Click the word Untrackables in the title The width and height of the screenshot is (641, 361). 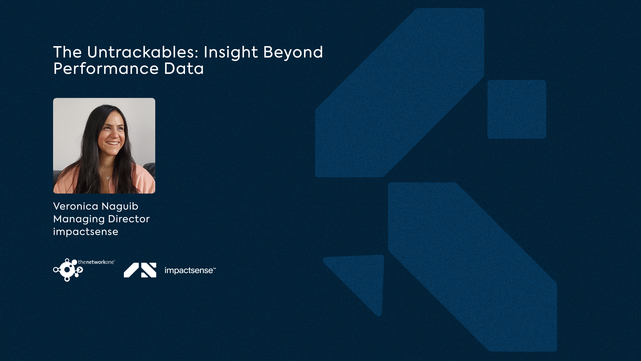pos(143,52)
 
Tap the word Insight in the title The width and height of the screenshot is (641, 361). pos(231,53)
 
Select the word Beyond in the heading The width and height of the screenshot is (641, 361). pos(293,53)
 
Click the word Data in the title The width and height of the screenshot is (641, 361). pos(184,69)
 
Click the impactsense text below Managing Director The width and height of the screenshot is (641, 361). pos(86,232)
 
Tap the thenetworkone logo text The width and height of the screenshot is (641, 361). pos(96,262)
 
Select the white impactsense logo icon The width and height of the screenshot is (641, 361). pos(140,270)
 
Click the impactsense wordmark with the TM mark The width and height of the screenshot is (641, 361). pos(190,270)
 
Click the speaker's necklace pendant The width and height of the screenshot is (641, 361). pos(108,177)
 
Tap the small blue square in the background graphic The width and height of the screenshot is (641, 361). pos(517,109)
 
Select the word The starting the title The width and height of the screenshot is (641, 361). pos(67,52)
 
